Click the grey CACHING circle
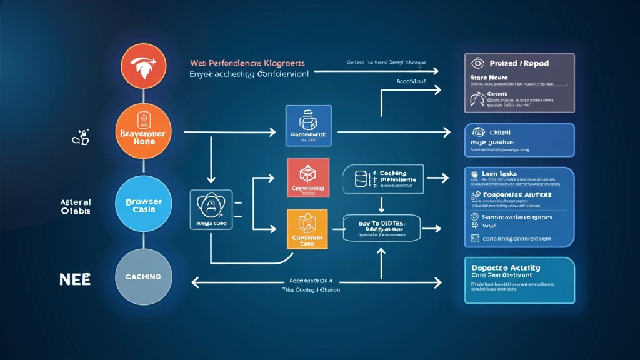pyautogui.click(x=144, y=276)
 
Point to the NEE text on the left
pyautogui.click(x=75, y=279)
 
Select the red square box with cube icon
pyautogui.click(x=307, y=179)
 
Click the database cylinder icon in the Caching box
pyautogui.click(x=360, y=179)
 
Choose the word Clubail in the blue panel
pyautogui.click(x=500, y=132)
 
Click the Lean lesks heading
pyautogui.click(x=499, y=173)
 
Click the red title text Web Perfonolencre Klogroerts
pyautogui.click(x=247, y=63)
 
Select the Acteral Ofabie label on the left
pyautogui.click(x=75, y=207)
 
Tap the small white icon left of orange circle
pyautogui.click(x=81, y=137)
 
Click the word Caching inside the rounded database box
pyautogui.click(x=393, y=173)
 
